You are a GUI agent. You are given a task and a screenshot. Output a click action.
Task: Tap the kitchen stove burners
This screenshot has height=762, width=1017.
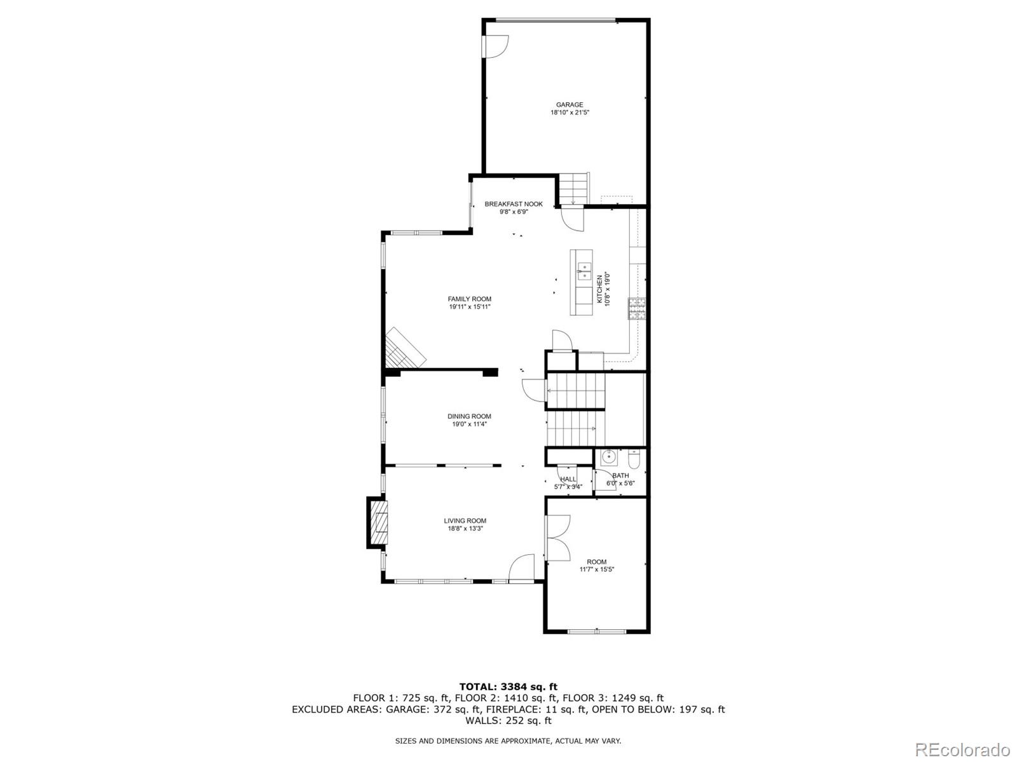tap(637, 308)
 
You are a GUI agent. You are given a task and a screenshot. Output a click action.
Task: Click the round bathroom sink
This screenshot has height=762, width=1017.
tap(609, 456)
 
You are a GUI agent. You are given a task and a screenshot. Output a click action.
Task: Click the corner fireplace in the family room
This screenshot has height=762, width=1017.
tap(404, 350)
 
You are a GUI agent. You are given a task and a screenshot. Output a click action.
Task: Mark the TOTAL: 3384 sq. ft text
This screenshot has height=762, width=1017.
tap(508, 686)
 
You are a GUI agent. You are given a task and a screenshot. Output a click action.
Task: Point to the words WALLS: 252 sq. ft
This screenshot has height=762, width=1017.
tap(508, 721)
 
